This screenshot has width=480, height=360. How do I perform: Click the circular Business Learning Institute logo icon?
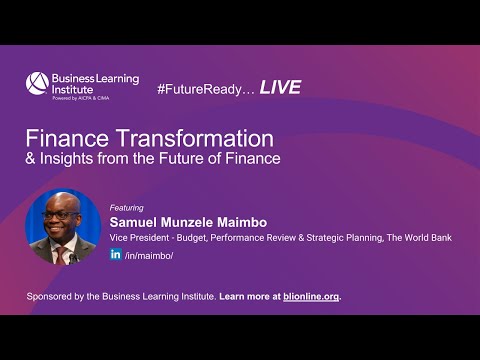point(37,83)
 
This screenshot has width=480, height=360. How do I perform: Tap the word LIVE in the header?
point(280,88)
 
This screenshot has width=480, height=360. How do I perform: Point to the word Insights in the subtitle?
point(70,158)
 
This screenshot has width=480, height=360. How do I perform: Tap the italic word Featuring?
point(127,208)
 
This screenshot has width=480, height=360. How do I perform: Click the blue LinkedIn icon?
point(116,255)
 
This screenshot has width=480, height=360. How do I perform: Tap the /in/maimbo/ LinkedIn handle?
point(149,256)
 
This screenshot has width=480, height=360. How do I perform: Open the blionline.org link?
point(310,297)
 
